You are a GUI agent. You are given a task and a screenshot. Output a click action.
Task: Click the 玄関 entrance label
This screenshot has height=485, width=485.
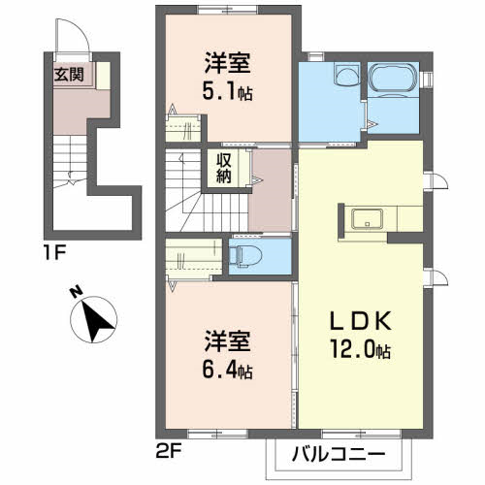[x=69, y=75]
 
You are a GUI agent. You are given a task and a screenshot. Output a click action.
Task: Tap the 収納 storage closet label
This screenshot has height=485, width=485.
[x=224, y=168]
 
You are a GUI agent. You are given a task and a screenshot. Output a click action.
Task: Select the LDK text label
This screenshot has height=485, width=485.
[x=361, y=321]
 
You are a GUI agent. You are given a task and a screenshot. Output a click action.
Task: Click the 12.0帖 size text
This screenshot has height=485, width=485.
[x=361, y=350]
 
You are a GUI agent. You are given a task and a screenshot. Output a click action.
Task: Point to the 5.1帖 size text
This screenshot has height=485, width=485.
[x=227, y=91]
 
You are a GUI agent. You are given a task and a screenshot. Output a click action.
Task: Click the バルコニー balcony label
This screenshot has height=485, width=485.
[x=339, y=455]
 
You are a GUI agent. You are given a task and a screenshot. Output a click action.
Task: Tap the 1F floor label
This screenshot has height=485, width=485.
[x=54, y=252]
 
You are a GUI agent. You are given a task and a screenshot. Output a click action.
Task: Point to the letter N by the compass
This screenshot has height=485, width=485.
[x=77, y=292]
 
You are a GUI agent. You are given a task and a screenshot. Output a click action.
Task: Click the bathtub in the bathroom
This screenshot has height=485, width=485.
[x=393, y=78]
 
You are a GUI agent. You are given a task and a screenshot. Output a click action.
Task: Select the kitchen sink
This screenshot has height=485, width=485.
[x=368, y=218]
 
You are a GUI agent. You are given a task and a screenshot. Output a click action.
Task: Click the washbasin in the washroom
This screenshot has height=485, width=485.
[x=347, y=74]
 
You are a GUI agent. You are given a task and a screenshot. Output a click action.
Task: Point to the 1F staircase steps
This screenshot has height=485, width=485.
[x=70, y=161]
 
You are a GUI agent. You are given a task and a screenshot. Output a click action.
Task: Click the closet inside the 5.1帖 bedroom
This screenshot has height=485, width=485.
[x=183, y=128]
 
